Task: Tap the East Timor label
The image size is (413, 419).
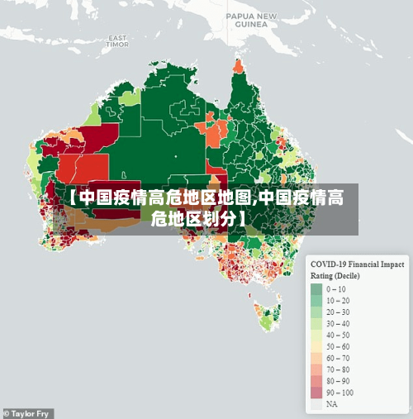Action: [x=117, y=41]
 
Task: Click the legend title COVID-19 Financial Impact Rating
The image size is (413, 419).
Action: [x=357, y=264]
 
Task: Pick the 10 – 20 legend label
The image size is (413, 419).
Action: [x=338, y=301]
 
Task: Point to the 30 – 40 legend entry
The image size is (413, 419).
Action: [x=338, y=323]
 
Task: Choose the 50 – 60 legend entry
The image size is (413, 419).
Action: [x=338, y=346]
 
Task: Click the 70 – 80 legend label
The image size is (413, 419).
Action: [x=338, y=369]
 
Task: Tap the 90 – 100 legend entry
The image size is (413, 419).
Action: [x=339, y=393]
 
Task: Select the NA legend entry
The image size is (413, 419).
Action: [x=331, y=405]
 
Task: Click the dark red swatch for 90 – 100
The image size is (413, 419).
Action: [x=316, y=393]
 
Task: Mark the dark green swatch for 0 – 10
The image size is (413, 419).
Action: [x=316, y=289]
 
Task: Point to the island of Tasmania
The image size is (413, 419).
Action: [x=269, y=316]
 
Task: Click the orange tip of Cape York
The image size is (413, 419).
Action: [x=240, y=65]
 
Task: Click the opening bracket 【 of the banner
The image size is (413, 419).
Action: [x=72, y=198]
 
